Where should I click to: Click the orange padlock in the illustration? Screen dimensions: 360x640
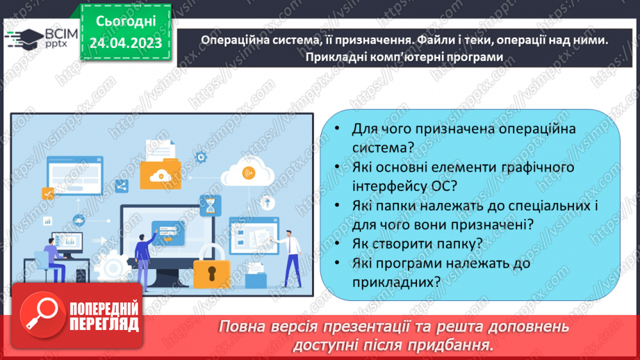pos(212,272)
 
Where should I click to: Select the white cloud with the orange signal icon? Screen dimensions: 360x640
pos(247,173)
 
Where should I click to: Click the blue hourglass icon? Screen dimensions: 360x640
pos(209,206)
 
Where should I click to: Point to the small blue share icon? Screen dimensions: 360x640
pos(122,186)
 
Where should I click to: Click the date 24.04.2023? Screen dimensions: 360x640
pos(126,43)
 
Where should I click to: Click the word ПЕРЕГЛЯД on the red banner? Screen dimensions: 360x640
pos(104,325)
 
